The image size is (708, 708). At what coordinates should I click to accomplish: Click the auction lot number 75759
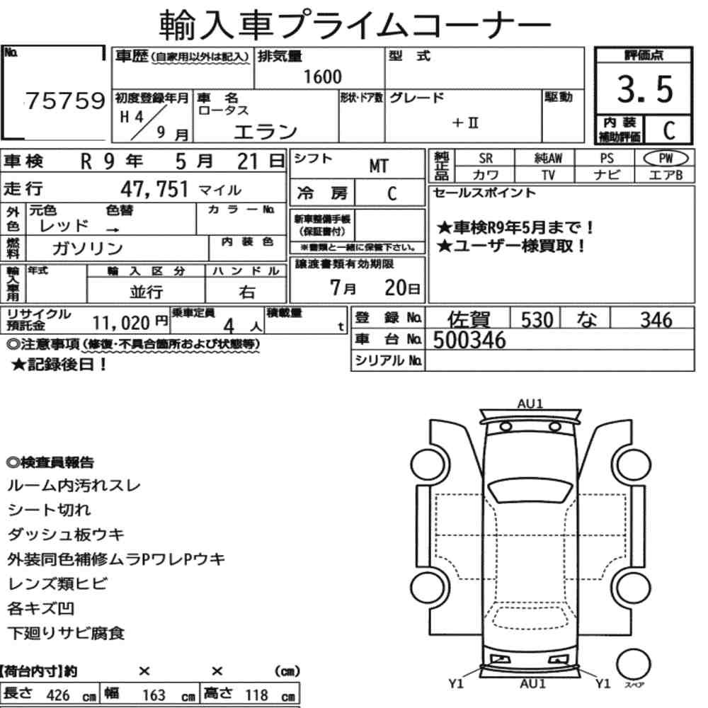point(65,101)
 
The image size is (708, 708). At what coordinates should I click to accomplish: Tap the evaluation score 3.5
point(645,89)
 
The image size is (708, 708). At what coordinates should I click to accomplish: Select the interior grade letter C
point(669,130)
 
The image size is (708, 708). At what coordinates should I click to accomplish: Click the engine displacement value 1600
point(322,76)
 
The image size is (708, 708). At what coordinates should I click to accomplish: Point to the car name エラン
point(265,132)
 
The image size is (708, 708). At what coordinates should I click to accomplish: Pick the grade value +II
point(464,122)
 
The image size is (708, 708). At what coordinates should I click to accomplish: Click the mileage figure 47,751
point(154,189)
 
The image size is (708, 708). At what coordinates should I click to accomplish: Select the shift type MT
point(378,166)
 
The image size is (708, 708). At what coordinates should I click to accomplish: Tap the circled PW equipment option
point(666,158)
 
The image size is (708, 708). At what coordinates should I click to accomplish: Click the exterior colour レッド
point(64,225)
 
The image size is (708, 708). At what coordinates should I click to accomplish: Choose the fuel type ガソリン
point(87,249)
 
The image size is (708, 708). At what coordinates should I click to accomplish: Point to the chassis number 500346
point(469,340)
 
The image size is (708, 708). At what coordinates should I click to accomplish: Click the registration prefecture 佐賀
point(469,319)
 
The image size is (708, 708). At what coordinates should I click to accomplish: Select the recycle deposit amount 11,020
point(121,323)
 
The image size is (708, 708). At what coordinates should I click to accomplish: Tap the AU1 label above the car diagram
point(530,404)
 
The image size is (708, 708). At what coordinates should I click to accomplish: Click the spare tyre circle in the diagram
point(633,665)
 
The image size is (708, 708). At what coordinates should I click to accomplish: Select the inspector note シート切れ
point(50,510)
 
